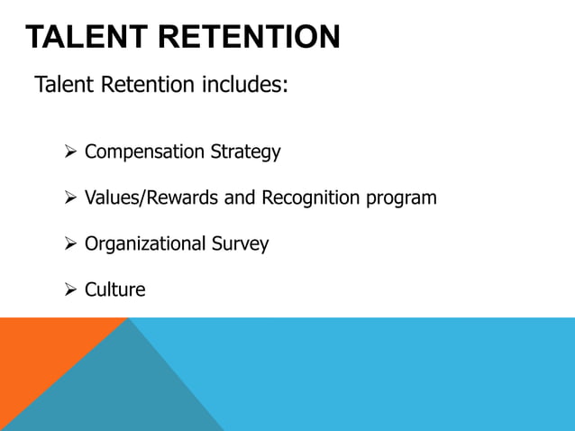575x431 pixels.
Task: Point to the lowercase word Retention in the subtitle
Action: click(x=148, y=86)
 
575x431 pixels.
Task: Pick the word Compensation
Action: click(x=144, y=152)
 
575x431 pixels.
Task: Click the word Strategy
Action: click(x=245, y=152)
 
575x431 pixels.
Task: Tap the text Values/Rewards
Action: click(x=151, y=197)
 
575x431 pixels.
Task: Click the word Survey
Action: click(x=241, y=244)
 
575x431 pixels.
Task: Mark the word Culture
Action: click(x=114, y=290)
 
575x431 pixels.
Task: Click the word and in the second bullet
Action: click(x=240, y=197)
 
